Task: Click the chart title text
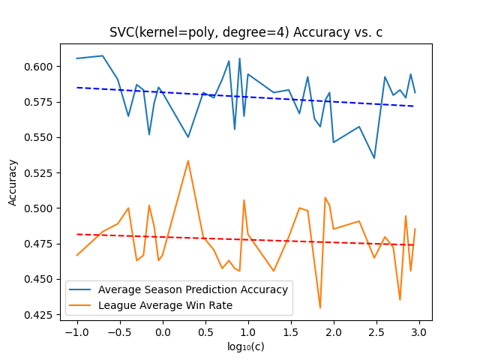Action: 246,32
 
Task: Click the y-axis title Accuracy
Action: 12,183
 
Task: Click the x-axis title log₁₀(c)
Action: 246,346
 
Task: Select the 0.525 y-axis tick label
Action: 40,173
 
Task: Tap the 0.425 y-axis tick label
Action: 40,315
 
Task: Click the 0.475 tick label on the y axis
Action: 40,244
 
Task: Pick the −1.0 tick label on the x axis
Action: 77,332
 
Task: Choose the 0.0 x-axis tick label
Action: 163,332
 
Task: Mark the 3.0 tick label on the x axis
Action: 419,332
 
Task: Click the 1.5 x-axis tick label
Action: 291,332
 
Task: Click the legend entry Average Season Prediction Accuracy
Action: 193,289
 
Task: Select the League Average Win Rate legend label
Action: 165,305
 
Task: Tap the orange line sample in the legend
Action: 80,305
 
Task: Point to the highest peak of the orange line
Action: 188,160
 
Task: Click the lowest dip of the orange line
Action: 320,308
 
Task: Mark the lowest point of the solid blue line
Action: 374,158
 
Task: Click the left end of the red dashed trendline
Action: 77,235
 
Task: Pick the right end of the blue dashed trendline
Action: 414,106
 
